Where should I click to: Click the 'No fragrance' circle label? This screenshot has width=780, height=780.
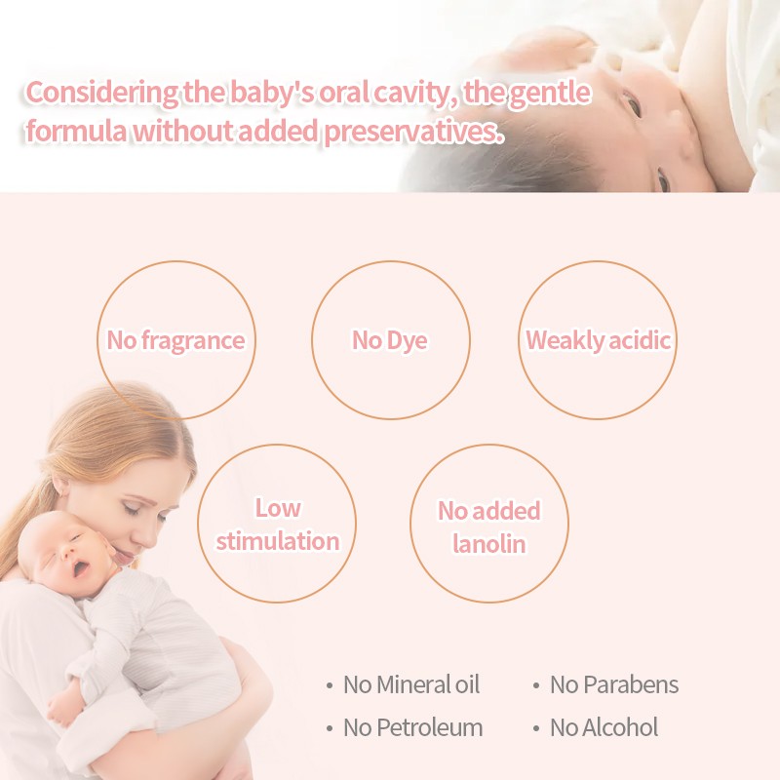pyautogui.click(x=175, y=340)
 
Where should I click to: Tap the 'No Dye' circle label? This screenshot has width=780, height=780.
pyautogui.click(x=390, y=340)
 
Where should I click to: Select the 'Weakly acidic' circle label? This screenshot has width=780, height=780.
pyautogui.click(x=598, y=340)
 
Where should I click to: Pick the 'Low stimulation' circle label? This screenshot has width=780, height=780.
pyautogui.click(x=277, y=525)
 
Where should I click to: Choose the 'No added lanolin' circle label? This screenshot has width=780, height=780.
pyautogui.click(x=488, y=526)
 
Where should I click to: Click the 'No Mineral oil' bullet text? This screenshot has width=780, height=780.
pyautogui.click(x=411, y=684)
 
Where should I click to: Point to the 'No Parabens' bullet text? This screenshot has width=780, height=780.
pyautogui.click(x=614, y=684)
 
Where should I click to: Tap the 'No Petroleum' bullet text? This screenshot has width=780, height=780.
pyautogui.click(x=412, y=727)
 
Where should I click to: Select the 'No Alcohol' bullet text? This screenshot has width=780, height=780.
pyautogui.click(x=604, y=727)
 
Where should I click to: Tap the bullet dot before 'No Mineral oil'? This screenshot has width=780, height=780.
pyautogui.click(x=330, y=685)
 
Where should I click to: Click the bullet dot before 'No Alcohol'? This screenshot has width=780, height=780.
pyautogui.click(x=536, y=728)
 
